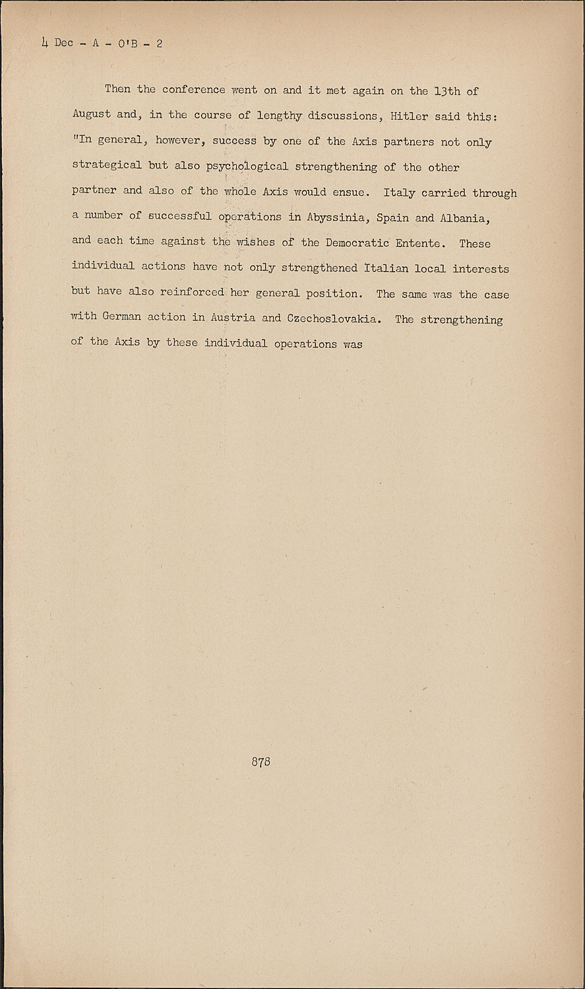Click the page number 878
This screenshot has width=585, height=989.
[261, 762]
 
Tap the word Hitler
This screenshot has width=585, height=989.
[409, 116]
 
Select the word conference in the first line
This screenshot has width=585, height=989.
[194, 89]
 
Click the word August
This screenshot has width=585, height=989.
[92, 114]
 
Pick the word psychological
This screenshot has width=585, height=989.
[247, 167]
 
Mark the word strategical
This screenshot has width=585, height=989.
[107, 164]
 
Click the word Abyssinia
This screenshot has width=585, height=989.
[336, 218]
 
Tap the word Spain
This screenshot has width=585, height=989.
[392, 218]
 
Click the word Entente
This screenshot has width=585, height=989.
[417, 243]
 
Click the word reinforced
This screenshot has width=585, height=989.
[192, 292]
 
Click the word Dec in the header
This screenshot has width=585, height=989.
[64, 43]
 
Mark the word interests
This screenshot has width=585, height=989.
[481, 269]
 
